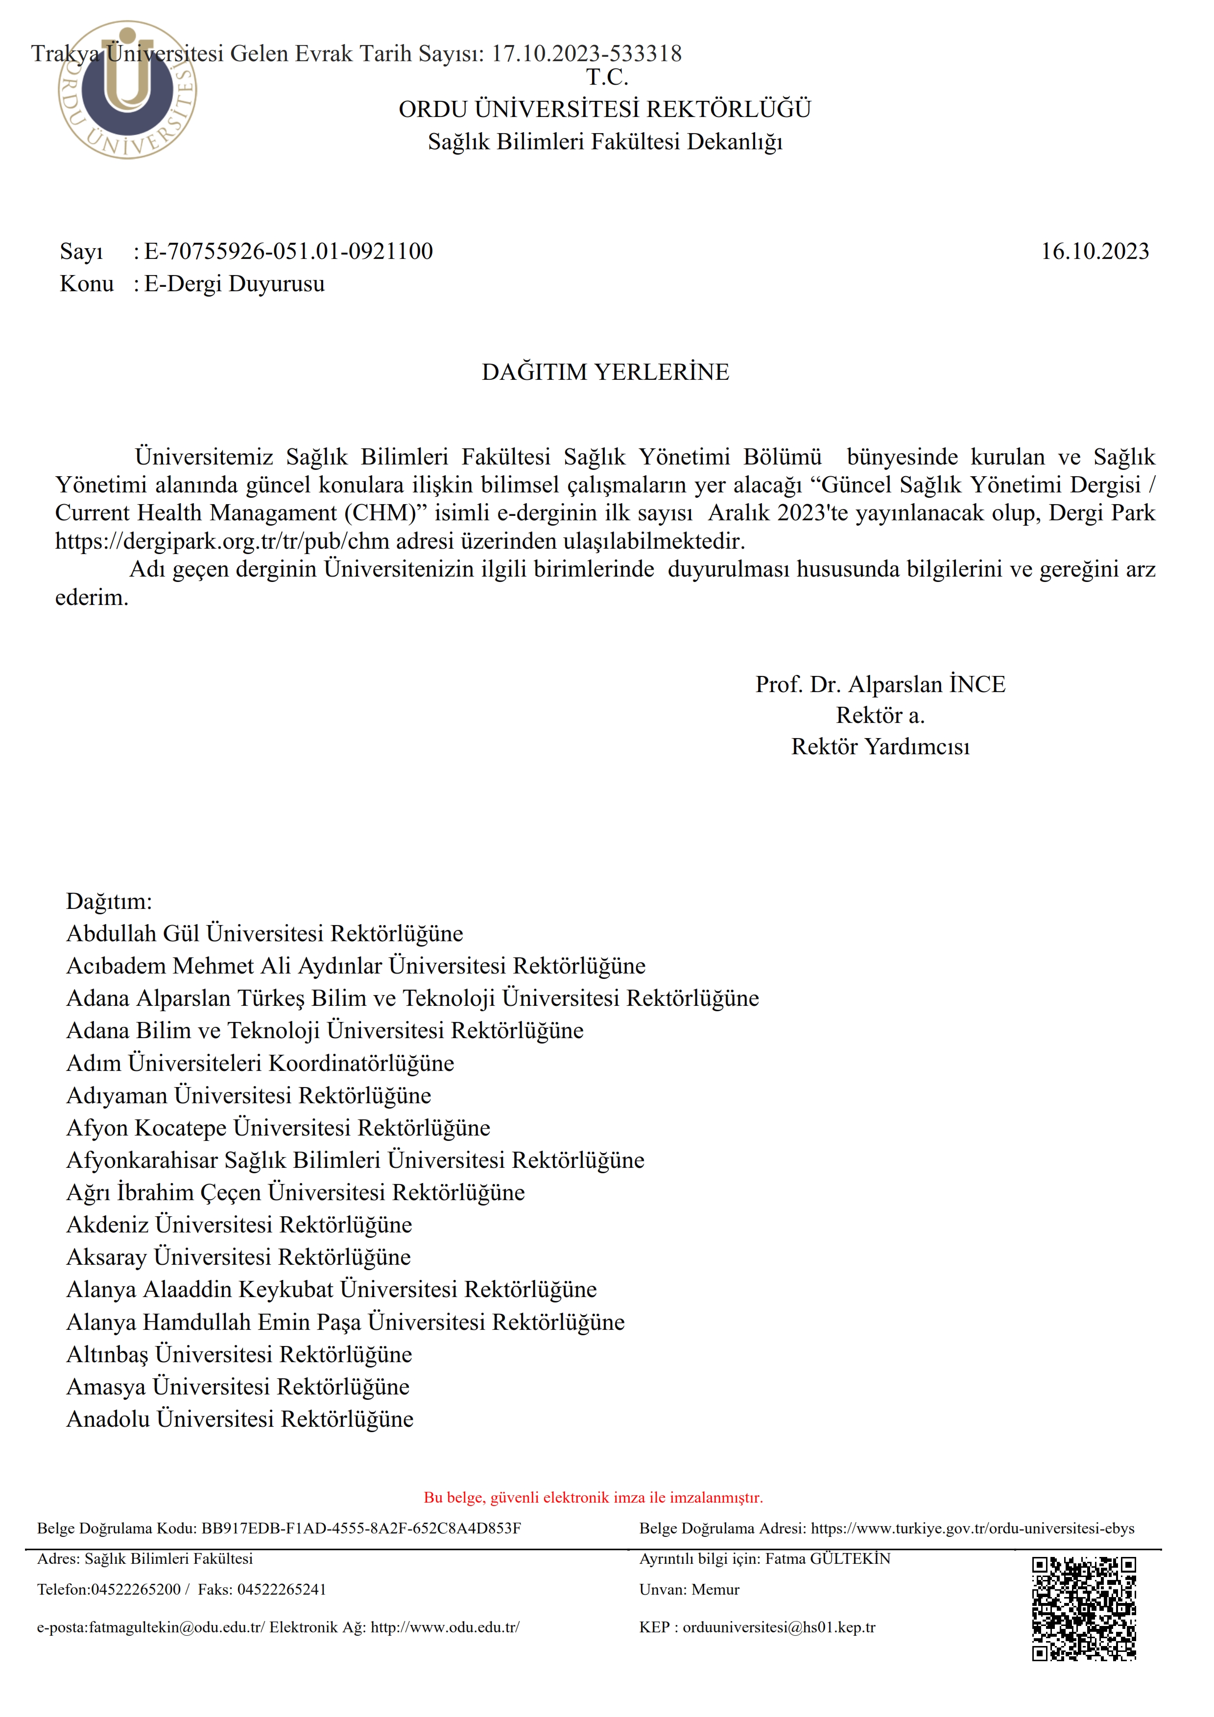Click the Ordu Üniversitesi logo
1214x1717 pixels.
tap(127, 90)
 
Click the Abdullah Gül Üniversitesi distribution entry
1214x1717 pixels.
tap(265, 933)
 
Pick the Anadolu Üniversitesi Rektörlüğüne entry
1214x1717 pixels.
tap(240, 1418)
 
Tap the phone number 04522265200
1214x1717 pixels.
tap(135, 1589)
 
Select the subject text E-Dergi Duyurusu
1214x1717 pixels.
tap(234, 284)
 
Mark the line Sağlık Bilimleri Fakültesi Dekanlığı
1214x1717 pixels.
tap(605, 142)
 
